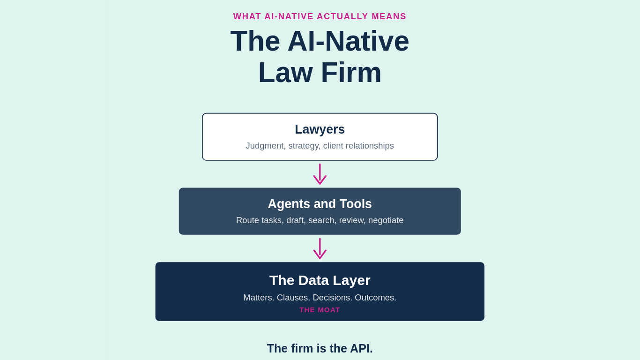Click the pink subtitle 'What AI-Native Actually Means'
click(x=320, y=16)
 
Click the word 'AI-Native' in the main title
click(x=348, y=41)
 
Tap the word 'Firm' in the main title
click(x=350, y=73)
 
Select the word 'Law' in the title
click(x=285, y=73)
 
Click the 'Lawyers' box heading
click(x=320, y=129)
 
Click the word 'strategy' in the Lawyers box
click(x=304, y=146)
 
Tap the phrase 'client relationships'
click(x=358, y=146)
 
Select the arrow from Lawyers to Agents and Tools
click(x=320, y=174)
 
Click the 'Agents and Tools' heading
click(x=320, y=204)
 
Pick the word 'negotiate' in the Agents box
click(x=386, y=220)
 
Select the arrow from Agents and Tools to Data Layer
click(x=320, y=249)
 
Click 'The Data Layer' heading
click(x=320, y=280)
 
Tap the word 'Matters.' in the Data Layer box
click(x=259, y=298)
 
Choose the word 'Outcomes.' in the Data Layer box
click(x=375, y=298)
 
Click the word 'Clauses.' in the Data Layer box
click(x=293, y=298)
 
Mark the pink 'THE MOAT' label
click(x=320, y=310)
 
